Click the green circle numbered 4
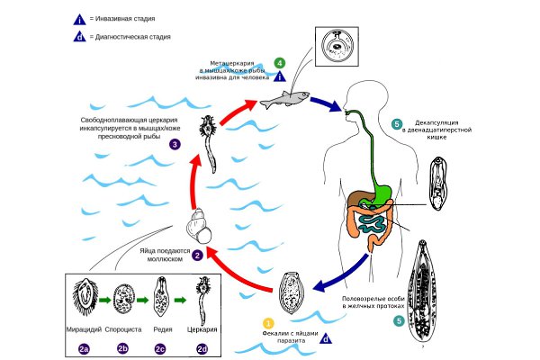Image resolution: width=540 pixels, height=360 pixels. pyautogui.click(x=280, y=62)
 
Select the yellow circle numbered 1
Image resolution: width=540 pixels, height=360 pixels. pyautogui.click(x=266, y=322)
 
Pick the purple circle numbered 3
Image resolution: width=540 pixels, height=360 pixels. pyautogui.click(x=174, y=143)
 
